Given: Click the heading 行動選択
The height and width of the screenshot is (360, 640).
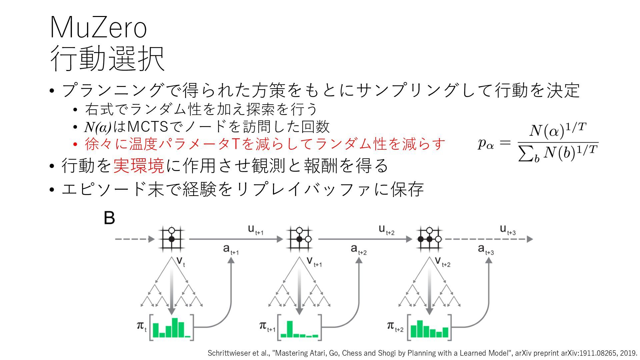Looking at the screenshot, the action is click(107, 59).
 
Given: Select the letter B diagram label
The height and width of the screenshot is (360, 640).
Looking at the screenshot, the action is click(109, 218).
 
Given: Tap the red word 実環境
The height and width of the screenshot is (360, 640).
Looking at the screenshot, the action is click(139, 166).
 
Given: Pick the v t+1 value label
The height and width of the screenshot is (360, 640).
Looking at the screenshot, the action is click(314, 262).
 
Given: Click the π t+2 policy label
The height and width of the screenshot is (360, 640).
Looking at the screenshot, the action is click(395, 326).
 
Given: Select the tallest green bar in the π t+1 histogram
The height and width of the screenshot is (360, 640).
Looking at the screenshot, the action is click(290, 329).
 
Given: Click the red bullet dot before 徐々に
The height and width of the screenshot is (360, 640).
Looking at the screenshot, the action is click(75, 144).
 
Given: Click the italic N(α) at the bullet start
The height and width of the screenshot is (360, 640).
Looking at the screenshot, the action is click(97, 127).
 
